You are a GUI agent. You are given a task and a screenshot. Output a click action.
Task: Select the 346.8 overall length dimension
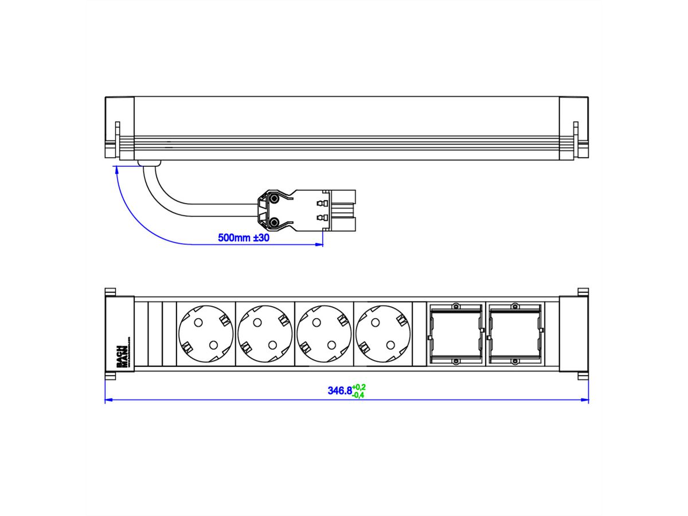point(339,391)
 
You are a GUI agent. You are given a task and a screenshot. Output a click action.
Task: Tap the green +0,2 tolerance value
point(359,387)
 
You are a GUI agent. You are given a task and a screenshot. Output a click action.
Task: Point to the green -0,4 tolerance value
point(359,395)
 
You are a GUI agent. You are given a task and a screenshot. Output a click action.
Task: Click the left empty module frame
point(455,333)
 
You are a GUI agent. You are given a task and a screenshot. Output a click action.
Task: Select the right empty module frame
point(514,333)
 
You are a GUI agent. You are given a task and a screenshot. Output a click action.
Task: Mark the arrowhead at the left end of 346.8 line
point(108,400)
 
